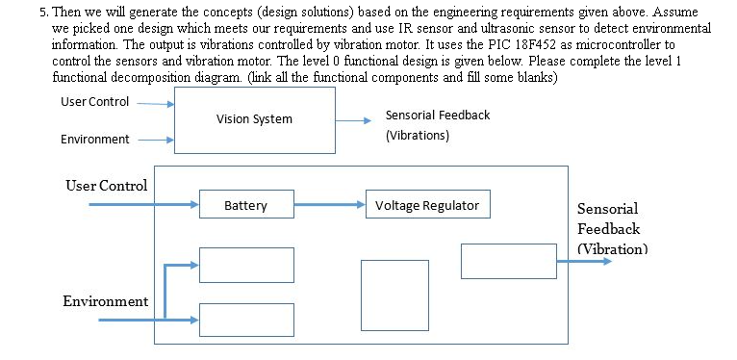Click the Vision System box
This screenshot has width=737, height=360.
click(x=254, y=119)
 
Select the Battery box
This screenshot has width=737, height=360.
click(x=245, y=205)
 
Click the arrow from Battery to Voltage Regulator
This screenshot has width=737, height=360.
click(x=329, y=205)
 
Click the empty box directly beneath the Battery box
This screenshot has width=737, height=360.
click(x=245, y=265)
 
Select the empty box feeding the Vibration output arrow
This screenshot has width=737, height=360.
click(x=508, y=261)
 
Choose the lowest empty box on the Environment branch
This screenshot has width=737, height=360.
click(x=245, y=319)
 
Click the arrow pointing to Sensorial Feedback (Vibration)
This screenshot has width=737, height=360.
click(x=582, y=261)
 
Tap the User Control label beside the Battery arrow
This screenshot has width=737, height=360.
click(x=106, y=185)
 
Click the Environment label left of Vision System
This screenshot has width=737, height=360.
click(x=94, y=140)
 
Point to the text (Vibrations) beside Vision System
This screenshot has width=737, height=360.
click(x=417, y=136)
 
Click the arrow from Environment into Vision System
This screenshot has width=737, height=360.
click(x=154, y=140)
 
